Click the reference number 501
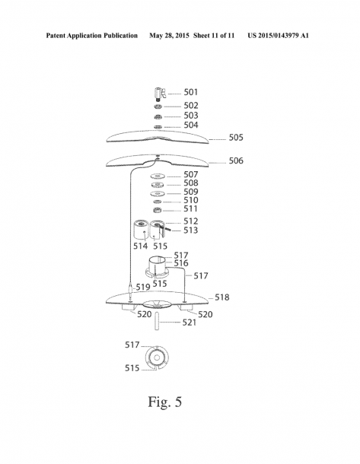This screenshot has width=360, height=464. click(191, 92)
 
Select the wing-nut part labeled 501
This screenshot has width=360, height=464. click(159, 94)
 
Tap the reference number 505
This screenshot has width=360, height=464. click(236, 138)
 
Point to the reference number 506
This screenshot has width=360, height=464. click(236, 160)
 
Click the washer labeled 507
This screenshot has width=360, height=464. click(158, 176)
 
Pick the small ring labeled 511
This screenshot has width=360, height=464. click(158, 211)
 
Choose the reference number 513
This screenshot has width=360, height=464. click(191, 230)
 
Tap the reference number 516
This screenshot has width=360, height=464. click(181, 262)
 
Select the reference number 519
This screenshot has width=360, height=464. click(142, 287)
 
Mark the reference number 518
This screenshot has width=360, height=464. click(221, 297)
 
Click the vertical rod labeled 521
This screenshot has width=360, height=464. click(157, 321)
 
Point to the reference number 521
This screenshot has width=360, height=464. click(190, 323)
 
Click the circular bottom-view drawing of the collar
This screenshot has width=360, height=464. click(157, 358)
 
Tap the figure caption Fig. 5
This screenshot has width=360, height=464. click(165, 402)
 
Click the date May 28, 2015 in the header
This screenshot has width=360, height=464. click(169, 36)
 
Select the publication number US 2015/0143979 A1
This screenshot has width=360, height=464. click(278, 36)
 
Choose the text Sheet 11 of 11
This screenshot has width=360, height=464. click(214, 36)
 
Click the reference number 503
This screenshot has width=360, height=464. click(191, 116)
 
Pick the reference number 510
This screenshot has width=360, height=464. click(191, 200)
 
